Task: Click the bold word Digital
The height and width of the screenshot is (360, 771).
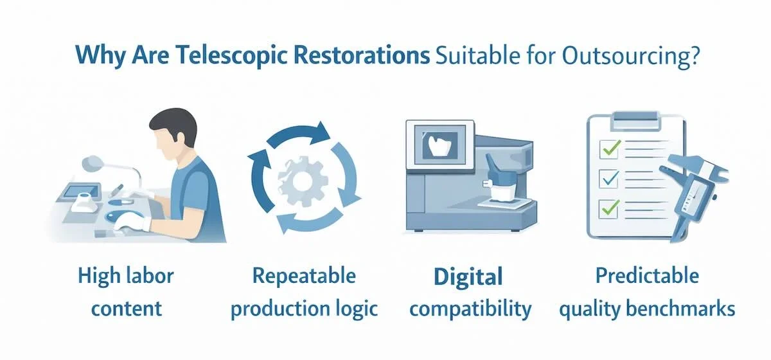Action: (x=466, y=277)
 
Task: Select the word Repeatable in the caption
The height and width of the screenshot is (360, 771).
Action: (x=304, y=276)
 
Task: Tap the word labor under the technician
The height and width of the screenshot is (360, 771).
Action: (x=150, y=277)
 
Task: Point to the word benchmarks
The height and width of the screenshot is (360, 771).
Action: (x=683, y=309)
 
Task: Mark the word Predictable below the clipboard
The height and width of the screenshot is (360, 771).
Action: (x=646, y=276)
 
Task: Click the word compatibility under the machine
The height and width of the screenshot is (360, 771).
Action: (x=470, y=309)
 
